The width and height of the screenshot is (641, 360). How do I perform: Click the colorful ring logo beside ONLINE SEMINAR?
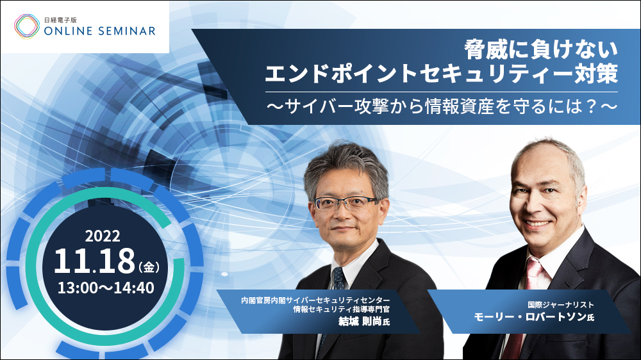pos(27,26)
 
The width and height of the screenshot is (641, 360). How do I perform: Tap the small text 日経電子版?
pos(60,20)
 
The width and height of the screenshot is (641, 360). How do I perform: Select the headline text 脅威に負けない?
pos(541,50)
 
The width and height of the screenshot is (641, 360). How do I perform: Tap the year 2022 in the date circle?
pos(103,236)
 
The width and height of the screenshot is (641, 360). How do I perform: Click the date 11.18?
pos(94,261)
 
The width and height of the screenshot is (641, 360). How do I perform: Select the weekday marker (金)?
pos(149,267)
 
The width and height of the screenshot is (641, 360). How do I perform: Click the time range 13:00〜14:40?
pos(106,288)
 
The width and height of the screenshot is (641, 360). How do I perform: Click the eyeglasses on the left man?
pos(346,202)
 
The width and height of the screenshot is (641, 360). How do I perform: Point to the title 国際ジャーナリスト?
pos(561,305)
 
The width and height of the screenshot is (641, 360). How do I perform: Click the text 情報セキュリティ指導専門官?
pos(342,309)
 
